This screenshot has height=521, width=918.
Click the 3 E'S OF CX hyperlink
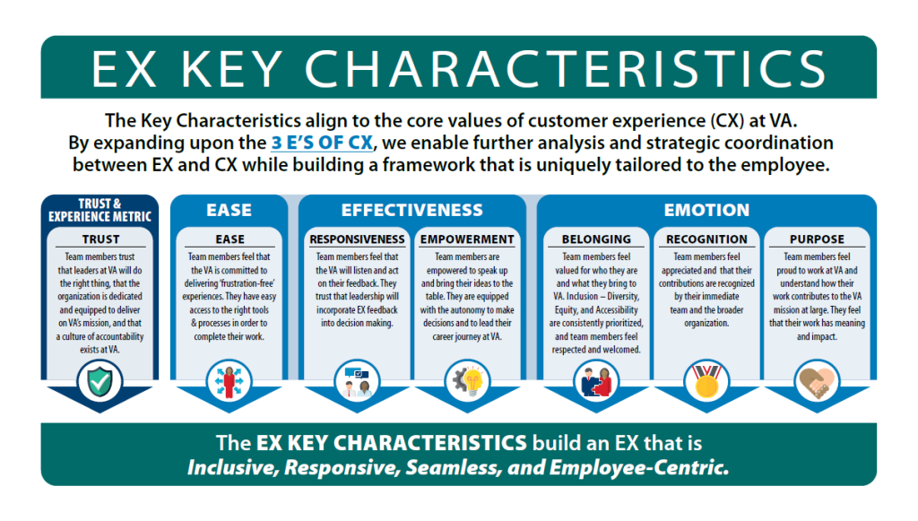pyautogui.click(x=322, y=143)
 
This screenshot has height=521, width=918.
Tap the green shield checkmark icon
pyautogui.click(x=100, y=382)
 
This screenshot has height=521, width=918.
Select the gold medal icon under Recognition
pyautogui.click(x=706, y=382)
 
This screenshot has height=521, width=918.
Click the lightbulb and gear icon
pyautogui.click(x=466, y=382)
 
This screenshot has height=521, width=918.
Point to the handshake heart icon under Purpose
pyautogui.click(x=817, y=382)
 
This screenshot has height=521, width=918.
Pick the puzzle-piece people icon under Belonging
pyautogui.click(x=596, y=382)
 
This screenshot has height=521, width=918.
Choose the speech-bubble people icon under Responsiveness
pyautogui.click(x=357, y=382)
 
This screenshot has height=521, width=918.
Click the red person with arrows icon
pyautogui.click(x=229, y=382)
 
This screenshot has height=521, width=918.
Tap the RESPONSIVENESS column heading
pyautogui.click(x=357, y=239)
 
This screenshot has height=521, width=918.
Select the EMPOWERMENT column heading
pyautogui.click(x=467, y=239)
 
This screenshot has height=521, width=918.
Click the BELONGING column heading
pyautogui.click(x=596, y=239)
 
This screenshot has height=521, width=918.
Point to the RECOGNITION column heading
pyautogui.click(x=706, y=239)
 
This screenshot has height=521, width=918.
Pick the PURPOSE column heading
pyautogui.click(x=817, y=239)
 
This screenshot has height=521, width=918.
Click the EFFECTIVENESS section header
pyautogui.click(x=412, y=210)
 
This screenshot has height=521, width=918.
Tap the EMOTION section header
pyautogui.click(x=706, y=210)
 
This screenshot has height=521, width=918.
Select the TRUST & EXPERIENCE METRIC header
pyautogui.click(x=100, y=210)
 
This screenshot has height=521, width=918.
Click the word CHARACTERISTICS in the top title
pyautogui.click(x=565, y=69)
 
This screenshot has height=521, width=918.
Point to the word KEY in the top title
pyautogui.click(x=232, y=69)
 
